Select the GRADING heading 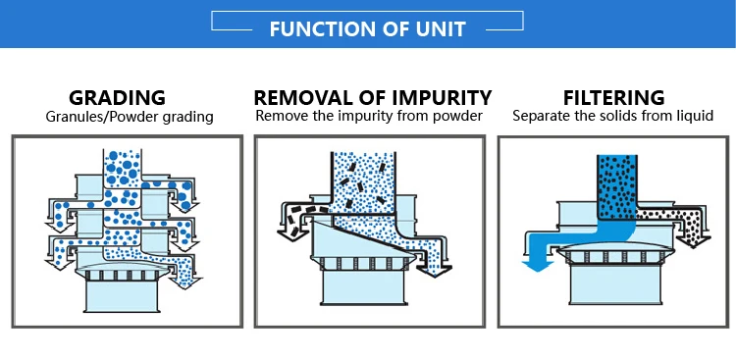[x=118, y=98]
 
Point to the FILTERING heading [x=614, y=98]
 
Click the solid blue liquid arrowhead [x=538, y=266]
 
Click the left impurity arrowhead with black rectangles [x=292, y=234]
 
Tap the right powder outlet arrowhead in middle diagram [x=434, y=271]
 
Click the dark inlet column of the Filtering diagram [x=617, y=187]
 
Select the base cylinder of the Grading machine [x=122, y=294]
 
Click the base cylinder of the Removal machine [x=363, y=287]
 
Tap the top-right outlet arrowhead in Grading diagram [x=184, y=206]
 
